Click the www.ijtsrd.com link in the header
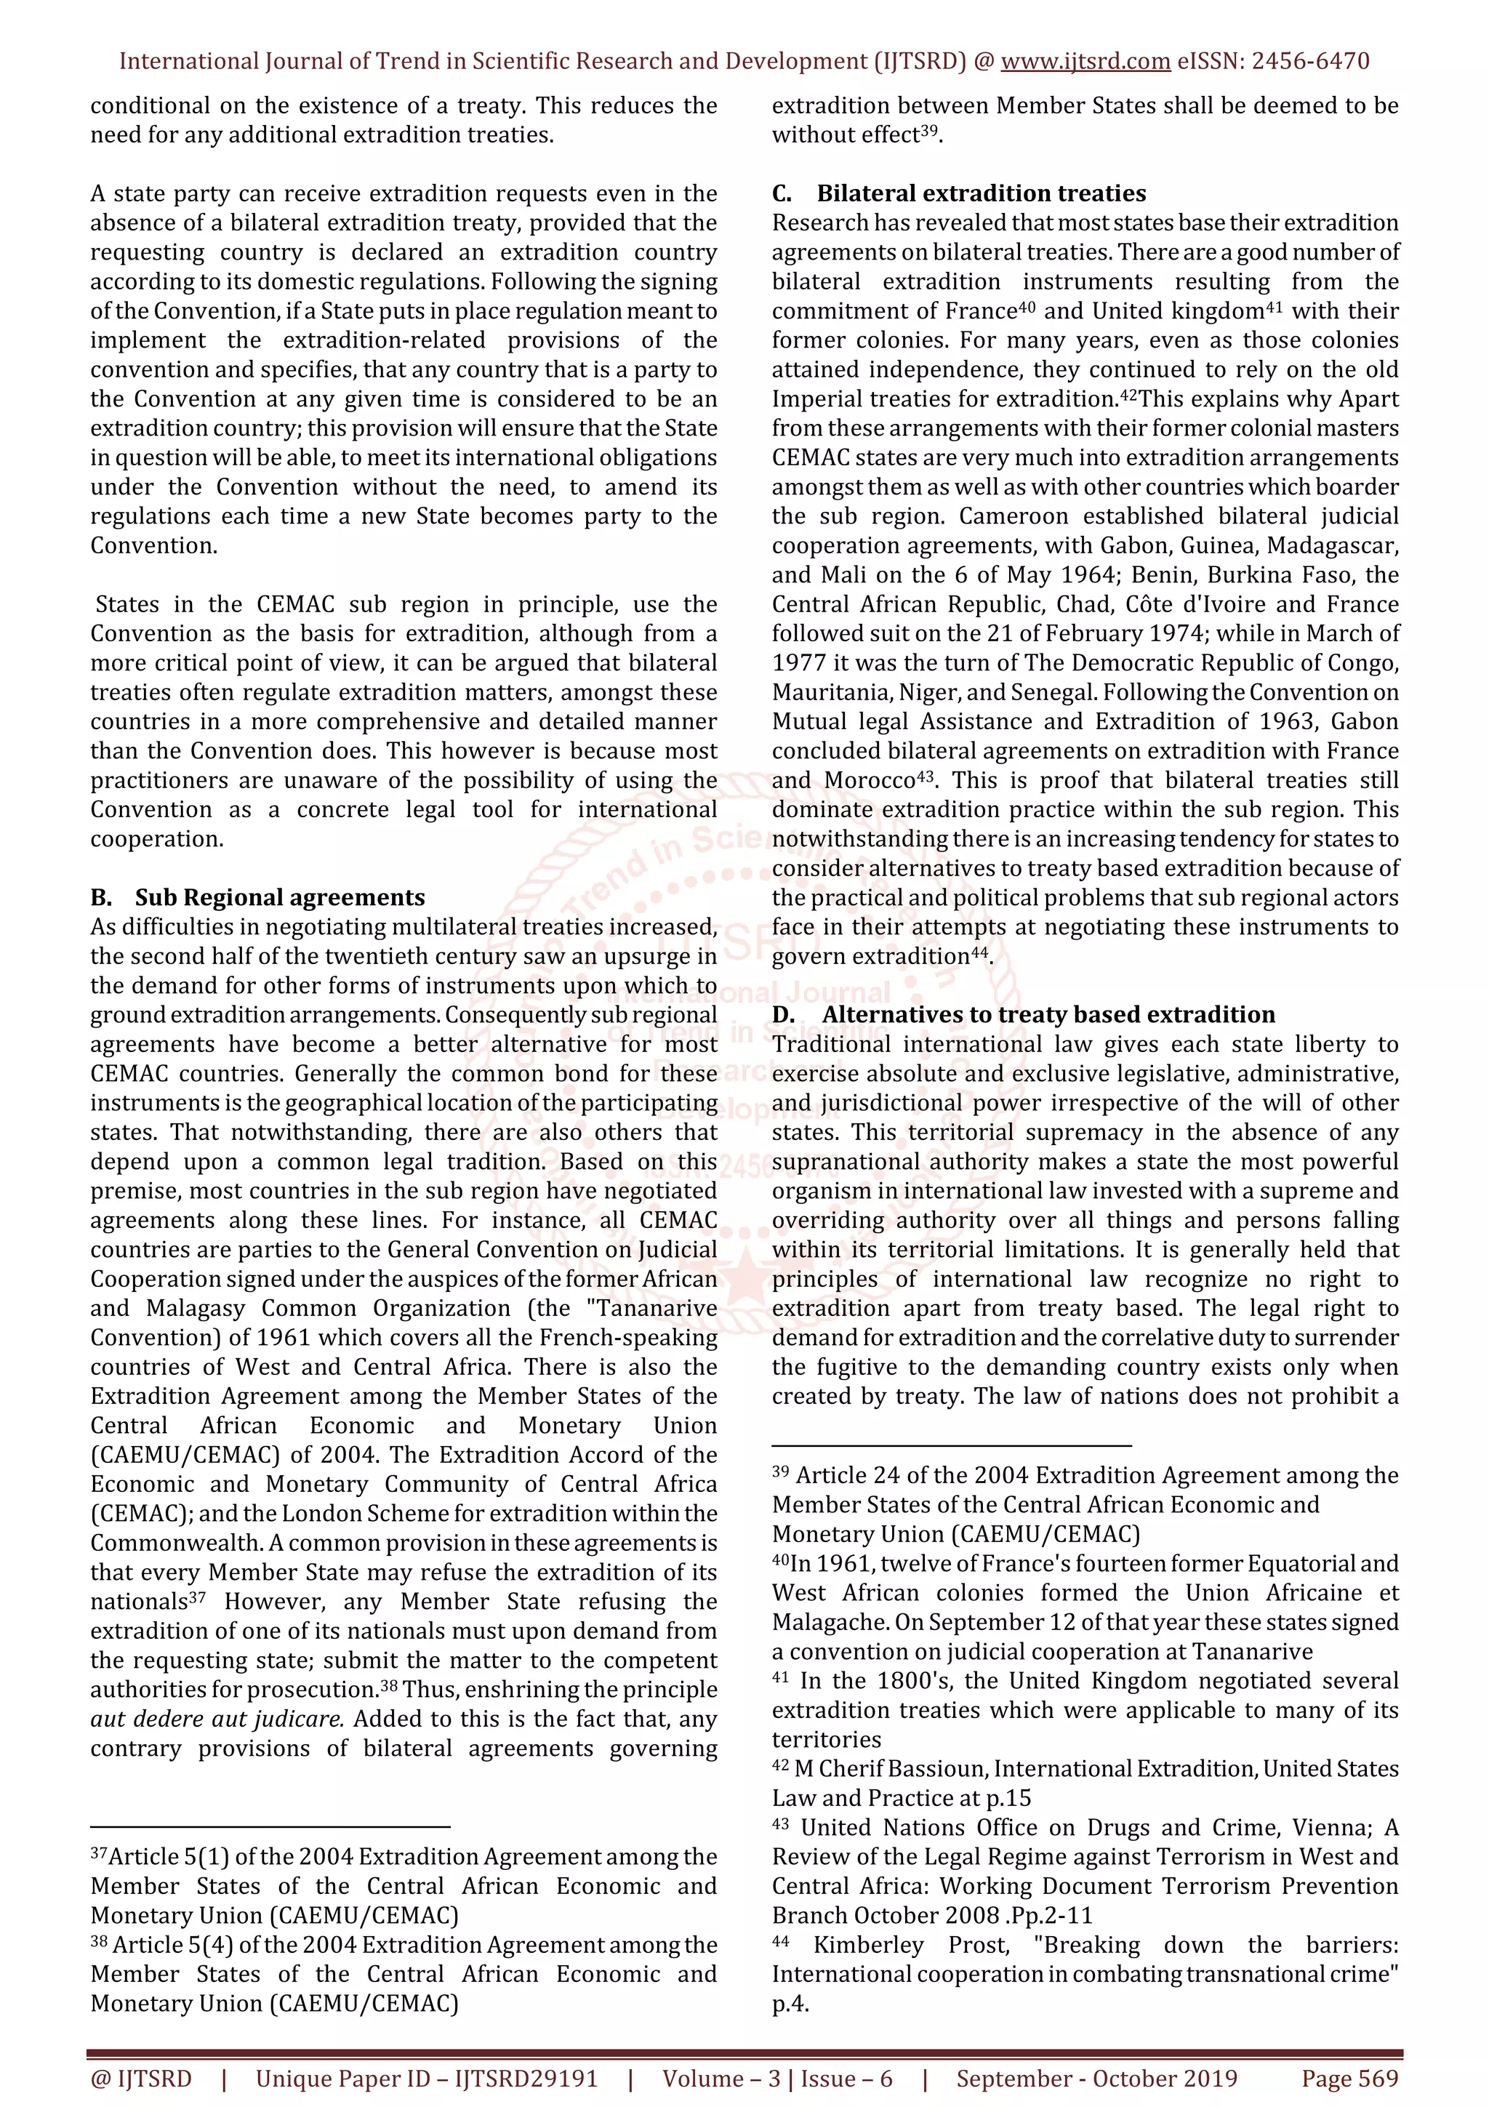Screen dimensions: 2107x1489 point(1085,62)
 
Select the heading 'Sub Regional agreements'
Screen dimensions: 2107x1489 point(280,897)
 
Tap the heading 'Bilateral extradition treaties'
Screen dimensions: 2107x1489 point(981,193)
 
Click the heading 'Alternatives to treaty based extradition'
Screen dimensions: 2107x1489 point(1048,1015)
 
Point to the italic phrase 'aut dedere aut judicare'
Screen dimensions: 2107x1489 point(217,1719)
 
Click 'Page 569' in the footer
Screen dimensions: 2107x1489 point(1349,2079)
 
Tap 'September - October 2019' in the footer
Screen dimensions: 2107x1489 point(1096,2079)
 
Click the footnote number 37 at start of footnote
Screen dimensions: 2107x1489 point(99,1854)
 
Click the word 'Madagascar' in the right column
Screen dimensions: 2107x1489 point(1332,546)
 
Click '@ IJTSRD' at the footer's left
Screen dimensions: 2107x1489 point(141,2079)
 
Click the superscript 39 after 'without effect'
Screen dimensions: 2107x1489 point(928,130)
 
